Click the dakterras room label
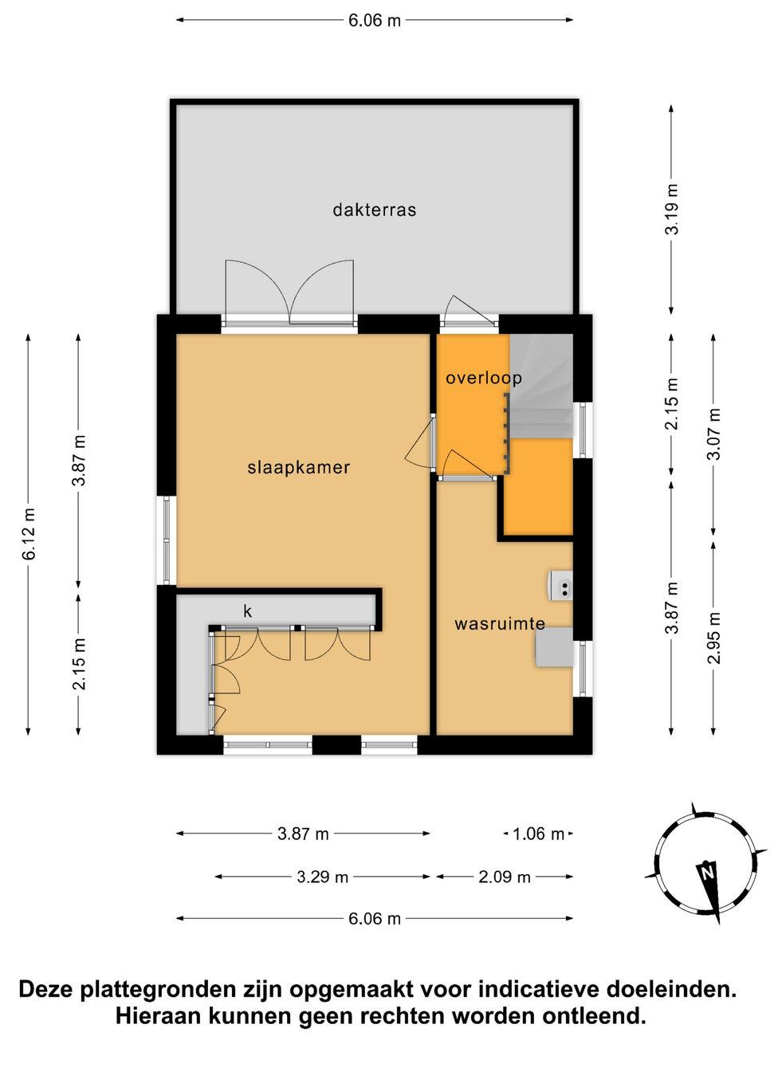click(x=374, y=210)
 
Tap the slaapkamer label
click(x=299, y=468)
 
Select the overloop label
click(x=484, y=378)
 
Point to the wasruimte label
click(x=499, y=624)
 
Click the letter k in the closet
click(x=248, y=611)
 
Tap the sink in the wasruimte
click(x=560, y=587)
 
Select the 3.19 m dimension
click(x=672, y=210)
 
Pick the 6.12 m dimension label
click(x=28, y=534)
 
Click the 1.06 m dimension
click(x=538, y=834)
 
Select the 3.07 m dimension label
click(x=714, y=434)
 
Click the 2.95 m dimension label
click(x=714, y=638)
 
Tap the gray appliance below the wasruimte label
click(x=554, y=646)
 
